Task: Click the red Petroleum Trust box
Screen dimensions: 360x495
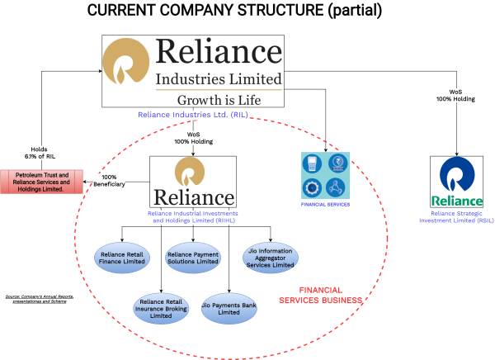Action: (42, 182)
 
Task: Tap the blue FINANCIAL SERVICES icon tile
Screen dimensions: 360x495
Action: (323, 175)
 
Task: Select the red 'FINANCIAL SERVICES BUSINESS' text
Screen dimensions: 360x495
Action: (332, 296)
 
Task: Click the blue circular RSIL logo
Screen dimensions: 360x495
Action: (456, 176)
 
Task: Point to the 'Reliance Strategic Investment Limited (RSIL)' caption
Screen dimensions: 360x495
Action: (456, 217)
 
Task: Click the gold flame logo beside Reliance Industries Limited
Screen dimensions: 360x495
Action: (127, 64)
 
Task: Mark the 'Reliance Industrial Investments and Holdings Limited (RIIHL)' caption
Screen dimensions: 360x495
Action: (193, 217)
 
